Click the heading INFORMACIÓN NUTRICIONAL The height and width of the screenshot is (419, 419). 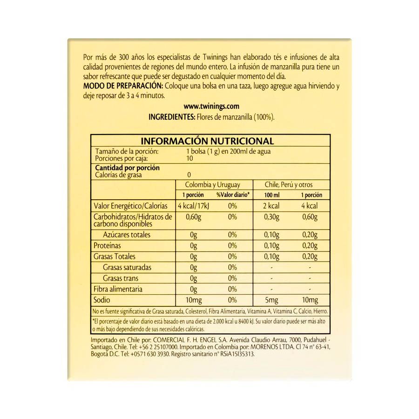click(207, 141)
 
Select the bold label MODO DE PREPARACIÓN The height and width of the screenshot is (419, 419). click(122, 86)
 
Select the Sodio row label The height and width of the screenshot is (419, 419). click(102, 300)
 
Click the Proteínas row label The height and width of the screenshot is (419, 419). click(107, 245)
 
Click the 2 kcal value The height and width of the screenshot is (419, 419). click(271, 206)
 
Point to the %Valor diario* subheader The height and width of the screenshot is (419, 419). click(233, 195)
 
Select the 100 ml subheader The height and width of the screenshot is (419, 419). click(271, 195)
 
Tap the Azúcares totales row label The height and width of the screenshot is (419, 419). click(127, 235)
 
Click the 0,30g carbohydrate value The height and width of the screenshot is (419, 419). click(271, 217)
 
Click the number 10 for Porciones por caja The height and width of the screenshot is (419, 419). click(190, 158)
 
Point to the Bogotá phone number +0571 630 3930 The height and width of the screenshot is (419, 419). click(150, 354)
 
